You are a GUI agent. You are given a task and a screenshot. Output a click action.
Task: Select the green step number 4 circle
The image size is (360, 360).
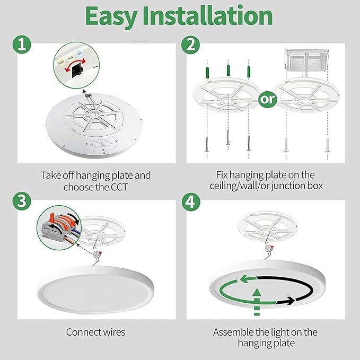[189, 202]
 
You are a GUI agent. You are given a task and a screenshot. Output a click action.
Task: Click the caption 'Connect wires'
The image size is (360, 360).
[95, 332]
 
